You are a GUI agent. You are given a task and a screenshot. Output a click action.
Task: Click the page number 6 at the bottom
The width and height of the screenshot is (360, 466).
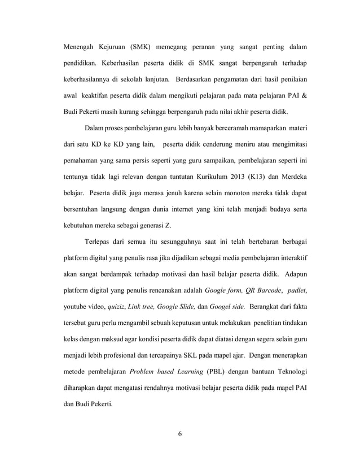click(x=179, y=434)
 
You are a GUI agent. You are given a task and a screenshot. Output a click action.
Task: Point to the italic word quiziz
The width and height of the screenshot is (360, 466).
click(x=116, y=307)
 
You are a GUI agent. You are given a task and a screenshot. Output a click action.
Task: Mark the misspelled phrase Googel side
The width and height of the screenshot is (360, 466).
click(x=227, y=307)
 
